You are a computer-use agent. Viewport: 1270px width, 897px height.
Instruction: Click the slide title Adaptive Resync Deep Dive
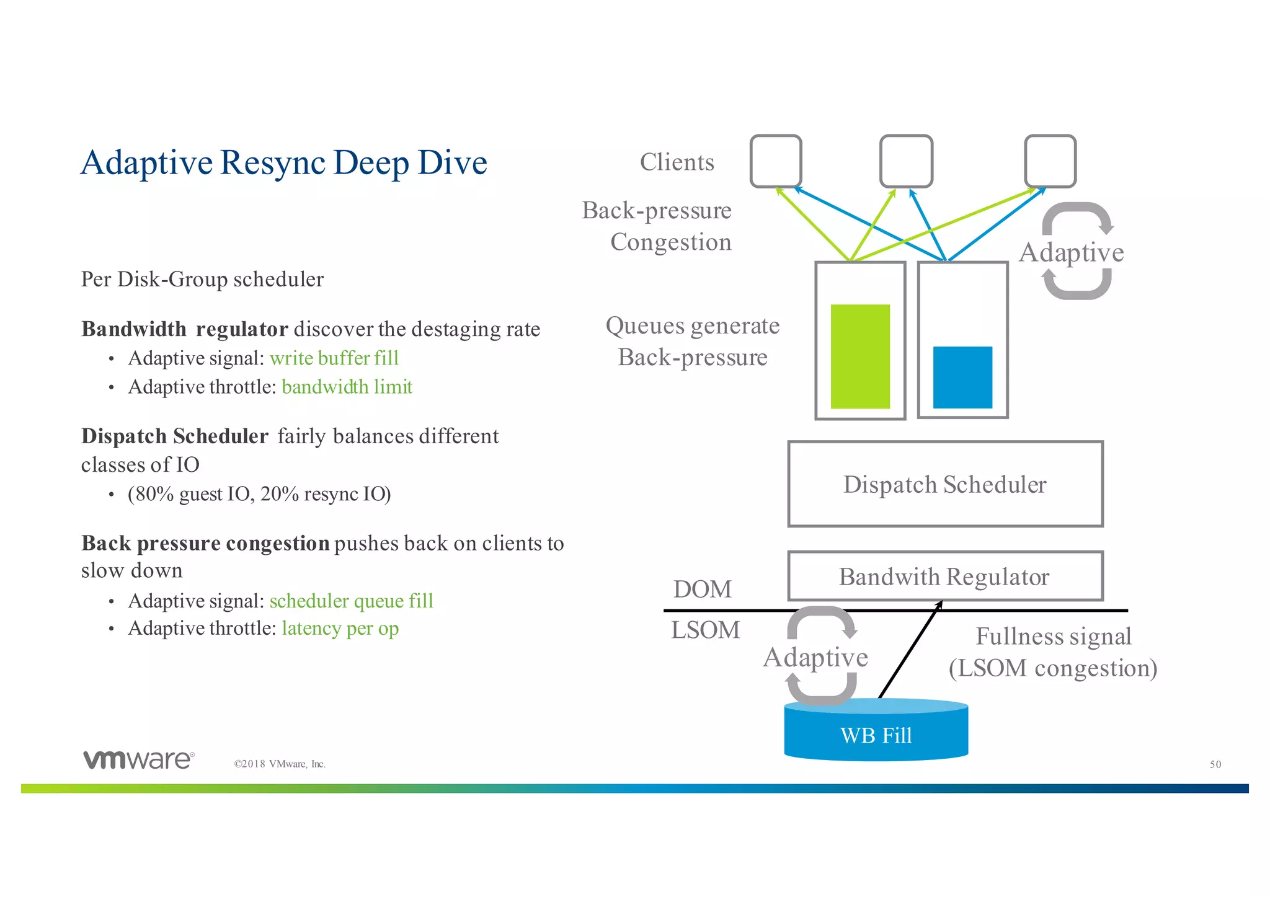(284, 163)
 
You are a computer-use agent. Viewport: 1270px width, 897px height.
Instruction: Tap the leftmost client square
(775, 161)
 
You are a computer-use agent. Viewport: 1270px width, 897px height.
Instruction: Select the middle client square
(906, 161)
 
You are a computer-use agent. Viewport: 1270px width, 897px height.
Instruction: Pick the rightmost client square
(1050, 161)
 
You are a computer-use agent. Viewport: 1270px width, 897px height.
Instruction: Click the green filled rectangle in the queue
(860, 356)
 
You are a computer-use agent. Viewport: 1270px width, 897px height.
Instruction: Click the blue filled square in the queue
(962, 377)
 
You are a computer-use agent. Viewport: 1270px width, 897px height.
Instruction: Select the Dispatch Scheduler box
(944, 484)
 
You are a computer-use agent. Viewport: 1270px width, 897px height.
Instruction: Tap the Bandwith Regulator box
(944, 577)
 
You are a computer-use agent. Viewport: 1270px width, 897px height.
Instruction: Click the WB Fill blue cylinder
(876, 735)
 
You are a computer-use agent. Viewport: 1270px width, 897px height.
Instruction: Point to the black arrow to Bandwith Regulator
(909, 651)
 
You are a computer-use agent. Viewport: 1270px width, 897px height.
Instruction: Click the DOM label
(702, 589)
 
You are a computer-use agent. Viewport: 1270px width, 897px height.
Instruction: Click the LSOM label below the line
(705, 630)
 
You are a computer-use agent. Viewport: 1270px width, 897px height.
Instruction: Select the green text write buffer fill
(334, 358)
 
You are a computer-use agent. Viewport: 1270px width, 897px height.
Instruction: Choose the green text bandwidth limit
(347, 387)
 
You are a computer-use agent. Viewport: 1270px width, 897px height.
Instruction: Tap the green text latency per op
(340, 629)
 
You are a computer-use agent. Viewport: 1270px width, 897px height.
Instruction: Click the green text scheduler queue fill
(351, 601)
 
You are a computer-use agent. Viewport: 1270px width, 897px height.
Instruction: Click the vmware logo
(139, 760)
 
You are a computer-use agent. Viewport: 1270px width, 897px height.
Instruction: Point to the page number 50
(1215, 764)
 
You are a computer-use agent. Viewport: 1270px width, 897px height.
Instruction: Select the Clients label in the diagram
(677, 162)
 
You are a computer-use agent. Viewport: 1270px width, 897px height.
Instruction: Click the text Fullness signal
(1053, 637)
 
